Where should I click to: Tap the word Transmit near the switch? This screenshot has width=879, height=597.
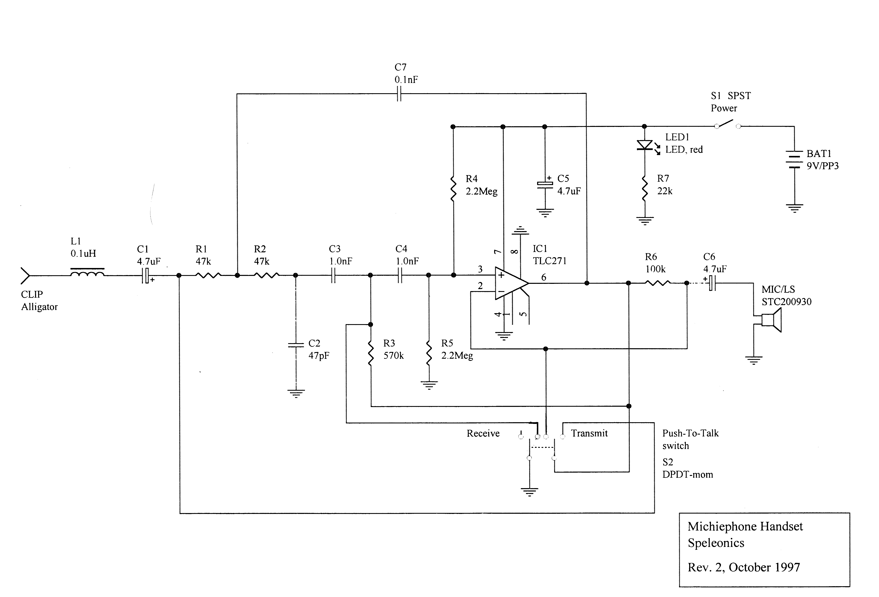click(589, 433)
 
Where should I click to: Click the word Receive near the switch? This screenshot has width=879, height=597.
click(483, 433)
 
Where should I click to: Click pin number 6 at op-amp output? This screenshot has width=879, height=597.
click(544, 277)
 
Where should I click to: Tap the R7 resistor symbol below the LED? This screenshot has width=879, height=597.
click(644, 188)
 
